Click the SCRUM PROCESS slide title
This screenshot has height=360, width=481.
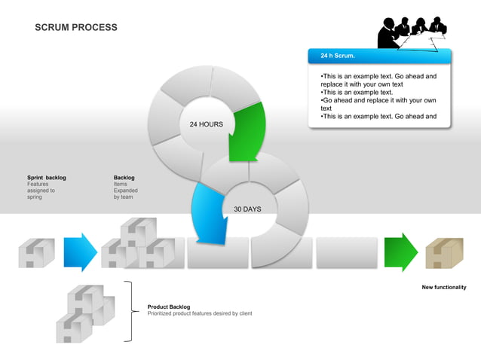coord(76,28)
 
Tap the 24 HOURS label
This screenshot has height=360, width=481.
coord(206,124)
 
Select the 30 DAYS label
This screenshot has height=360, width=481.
coord(247,209)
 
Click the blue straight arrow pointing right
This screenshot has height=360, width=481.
coord(80,252)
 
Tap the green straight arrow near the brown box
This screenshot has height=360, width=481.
coord(400,252)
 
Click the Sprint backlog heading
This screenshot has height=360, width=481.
coord(47,178)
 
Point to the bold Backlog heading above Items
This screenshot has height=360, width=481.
coord(124,178)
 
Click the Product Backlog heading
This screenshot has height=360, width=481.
coord(169,307)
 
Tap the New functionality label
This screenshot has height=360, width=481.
coord(443,287)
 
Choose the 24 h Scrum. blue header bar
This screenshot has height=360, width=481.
coord(379,56)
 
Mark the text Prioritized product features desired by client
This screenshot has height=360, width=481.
coord(200,313)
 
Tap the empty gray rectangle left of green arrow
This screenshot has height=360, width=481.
coord(346,252)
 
